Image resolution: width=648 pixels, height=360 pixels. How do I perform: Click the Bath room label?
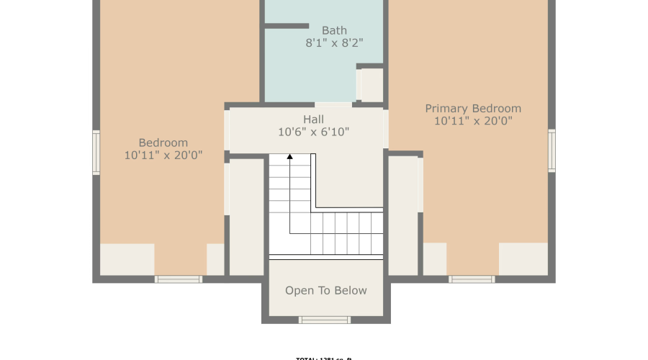[334, 30]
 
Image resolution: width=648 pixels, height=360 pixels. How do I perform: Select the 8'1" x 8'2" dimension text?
[334, 43]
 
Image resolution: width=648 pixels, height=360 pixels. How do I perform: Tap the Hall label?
[313, 120]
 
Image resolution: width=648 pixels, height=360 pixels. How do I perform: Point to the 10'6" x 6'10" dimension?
[313, 132]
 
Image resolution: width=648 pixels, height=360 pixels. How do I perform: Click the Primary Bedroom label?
[473, 109]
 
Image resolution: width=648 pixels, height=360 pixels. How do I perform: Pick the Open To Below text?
[326, 291]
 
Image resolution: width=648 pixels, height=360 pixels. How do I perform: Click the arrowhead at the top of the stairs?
[290, 156]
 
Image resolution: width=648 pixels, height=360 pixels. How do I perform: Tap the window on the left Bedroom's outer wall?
[96, 152]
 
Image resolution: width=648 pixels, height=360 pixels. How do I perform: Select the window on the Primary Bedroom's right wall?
[552, 150]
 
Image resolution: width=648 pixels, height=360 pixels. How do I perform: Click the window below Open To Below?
[325, 320]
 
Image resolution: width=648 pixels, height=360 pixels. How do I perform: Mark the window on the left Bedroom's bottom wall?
[179, 279]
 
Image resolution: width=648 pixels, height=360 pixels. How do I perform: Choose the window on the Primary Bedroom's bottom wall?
[472, 279]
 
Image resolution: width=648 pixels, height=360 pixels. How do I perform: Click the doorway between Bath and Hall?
[333, 104]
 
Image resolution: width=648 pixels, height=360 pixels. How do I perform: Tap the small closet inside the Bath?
[372, 85]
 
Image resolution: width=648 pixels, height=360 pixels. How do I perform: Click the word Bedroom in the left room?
[163, 143]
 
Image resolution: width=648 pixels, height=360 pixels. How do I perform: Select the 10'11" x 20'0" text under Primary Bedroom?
[473, 122]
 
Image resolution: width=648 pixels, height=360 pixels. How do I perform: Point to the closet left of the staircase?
[246, 216]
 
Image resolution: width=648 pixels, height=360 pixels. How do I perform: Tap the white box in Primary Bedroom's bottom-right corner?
[523, 258]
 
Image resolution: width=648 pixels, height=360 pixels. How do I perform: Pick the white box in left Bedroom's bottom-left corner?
[127, 259]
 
